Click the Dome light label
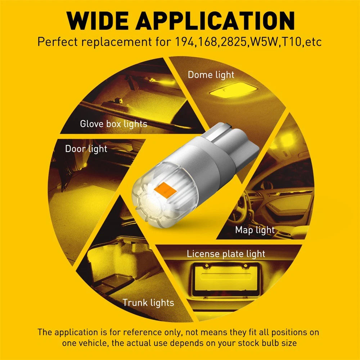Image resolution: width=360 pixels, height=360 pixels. coord(211,75)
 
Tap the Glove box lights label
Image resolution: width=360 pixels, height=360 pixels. coord(113,124)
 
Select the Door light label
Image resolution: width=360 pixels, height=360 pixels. coord(86,149)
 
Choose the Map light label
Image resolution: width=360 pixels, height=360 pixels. coord(255,230)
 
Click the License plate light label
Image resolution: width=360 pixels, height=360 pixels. coord(226,253)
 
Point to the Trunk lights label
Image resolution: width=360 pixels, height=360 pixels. coord(148,302)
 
